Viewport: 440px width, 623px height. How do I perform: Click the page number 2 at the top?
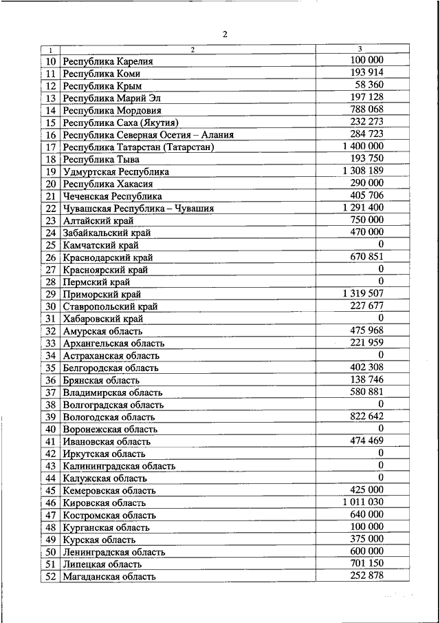click(x=224, y=34)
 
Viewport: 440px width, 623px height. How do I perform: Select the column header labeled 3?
click(x=361, y=49)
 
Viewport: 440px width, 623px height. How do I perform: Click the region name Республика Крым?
click(x=102, y=86)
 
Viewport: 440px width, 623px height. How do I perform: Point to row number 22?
click(x=51, y=208)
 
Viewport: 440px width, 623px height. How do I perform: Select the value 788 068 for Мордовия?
click(x=366, y=109)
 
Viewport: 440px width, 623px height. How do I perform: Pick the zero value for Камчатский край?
click(x=380, y=244)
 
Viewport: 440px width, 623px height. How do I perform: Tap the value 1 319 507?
click(x=362, y=293)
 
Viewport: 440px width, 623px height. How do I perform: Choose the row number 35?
click(x=51, y=368)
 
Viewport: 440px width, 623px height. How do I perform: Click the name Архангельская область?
click(x=113, y=343)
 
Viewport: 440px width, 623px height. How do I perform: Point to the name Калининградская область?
click(x=118, y=466)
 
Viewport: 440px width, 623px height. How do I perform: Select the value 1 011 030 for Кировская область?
click(x=362, y=502)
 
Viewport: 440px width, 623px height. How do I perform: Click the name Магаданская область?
click(x=109, y=576)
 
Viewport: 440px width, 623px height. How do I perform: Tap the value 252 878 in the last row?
click(x=366, y=576)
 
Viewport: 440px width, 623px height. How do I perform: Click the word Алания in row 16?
click(x=214, y=135)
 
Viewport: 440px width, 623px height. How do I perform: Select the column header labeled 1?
click(x=50, y=50)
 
